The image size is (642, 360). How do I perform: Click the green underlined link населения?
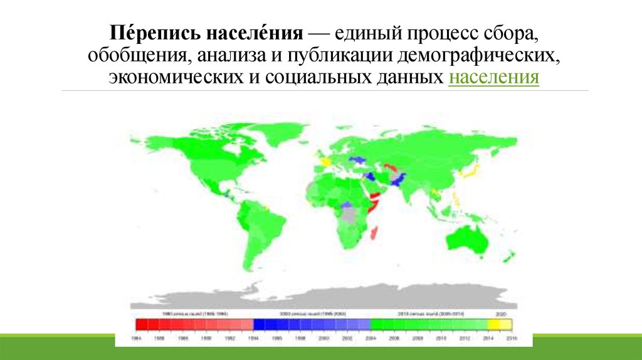point(494,78)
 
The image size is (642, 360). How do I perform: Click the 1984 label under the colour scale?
point(136,337)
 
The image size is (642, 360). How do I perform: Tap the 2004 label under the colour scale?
point(371,337)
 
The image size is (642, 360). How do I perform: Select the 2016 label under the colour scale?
point(511,337)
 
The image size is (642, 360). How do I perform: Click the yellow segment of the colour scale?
point(500,324)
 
